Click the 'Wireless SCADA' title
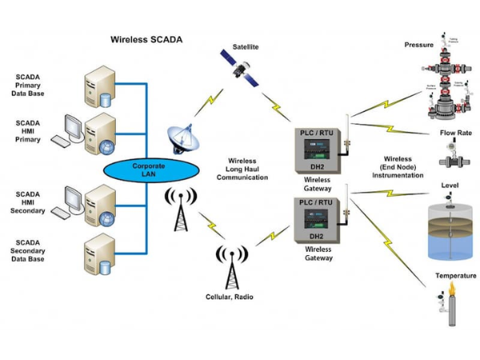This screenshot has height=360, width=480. (x=146, y=39)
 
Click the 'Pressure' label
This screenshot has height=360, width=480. (x=418, y=46)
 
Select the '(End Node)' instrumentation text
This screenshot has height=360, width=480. (x=398, y=166)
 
